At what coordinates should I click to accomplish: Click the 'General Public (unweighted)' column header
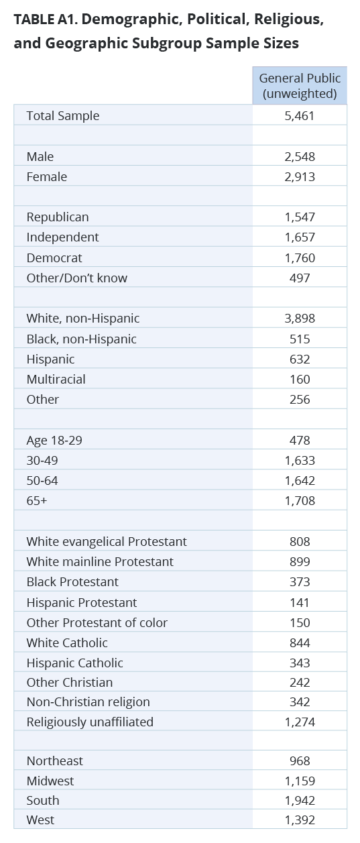[300, 86]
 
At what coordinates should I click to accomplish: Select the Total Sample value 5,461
[300, 116]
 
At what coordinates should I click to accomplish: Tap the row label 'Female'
[47, 177]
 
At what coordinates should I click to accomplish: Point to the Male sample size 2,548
[300, 156]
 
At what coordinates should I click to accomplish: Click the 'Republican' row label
[58, 217]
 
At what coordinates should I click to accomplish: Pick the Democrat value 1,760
[300, 258]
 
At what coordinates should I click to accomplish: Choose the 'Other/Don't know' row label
[76, 278]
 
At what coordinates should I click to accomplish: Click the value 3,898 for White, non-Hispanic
[300, 319]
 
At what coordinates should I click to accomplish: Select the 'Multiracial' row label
[56, 380]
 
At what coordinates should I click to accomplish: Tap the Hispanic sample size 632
[300, 359]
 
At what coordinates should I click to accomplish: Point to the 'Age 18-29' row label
[54, 441]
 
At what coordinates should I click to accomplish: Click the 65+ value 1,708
[300, 501]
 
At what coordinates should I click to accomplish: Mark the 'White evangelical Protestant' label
[107, 542]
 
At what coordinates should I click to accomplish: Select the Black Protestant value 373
[300, 582]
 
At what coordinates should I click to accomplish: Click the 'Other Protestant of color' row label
[97, 623]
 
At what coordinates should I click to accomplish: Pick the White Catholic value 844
[300, 642]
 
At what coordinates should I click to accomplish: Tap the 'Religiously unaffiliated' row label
[90, 722]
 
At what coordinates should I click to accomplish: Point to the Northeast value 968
[300, 761]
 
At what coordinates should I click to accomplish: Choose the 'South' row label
[43, 801]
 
